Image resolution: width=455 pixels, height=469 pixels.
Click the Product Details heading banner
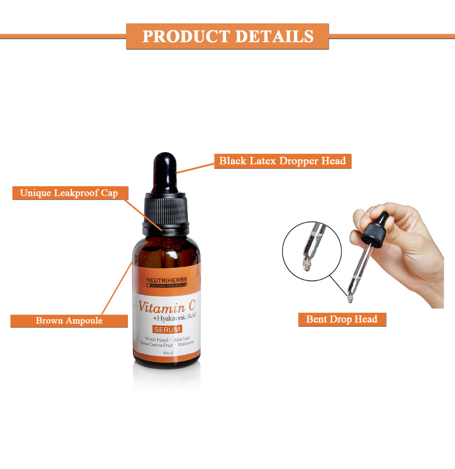[x=227, y=36]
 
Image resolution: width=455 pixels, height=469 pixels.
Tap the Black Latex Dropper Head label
[x=283, y=161]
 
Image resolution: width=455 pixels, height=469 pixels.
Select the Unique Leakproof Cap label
[x=70, y=193]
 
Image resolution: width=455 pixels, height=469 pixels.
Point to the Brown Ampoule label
[x=69, y=321]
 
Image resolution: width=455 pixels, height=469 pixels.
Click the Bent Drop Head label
[x=342, y=319]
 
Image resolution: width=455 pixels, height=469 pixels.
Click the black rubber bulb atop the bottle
[x=165, y=172]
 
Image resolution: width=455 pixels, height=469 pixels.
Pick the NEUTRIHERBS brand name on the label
[x=167, y=280]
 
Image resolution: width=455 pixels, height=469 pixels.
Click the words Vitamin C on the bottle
[x=167, y=306]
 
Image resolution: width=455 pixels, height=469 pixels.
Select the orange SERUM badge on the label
[x=167, y=329]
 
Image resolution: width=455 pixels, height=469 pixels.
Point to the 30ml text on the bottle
[x=168, y=353]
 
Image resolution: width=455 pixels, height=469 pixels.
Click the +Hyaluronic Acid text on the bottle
[x=174, y=317]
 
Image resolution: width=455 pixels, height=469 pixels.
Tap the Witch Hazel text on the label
[x=157, y=339]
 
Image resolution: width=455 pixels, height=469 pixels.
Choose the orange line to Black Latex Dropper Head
[x=196, y=168]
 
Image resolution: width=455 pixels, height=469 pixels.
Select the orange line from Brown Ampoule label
[x=117, y=288]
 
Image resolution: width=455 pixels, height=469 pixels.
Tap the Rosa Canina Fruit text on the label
[x=157, y=345]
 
